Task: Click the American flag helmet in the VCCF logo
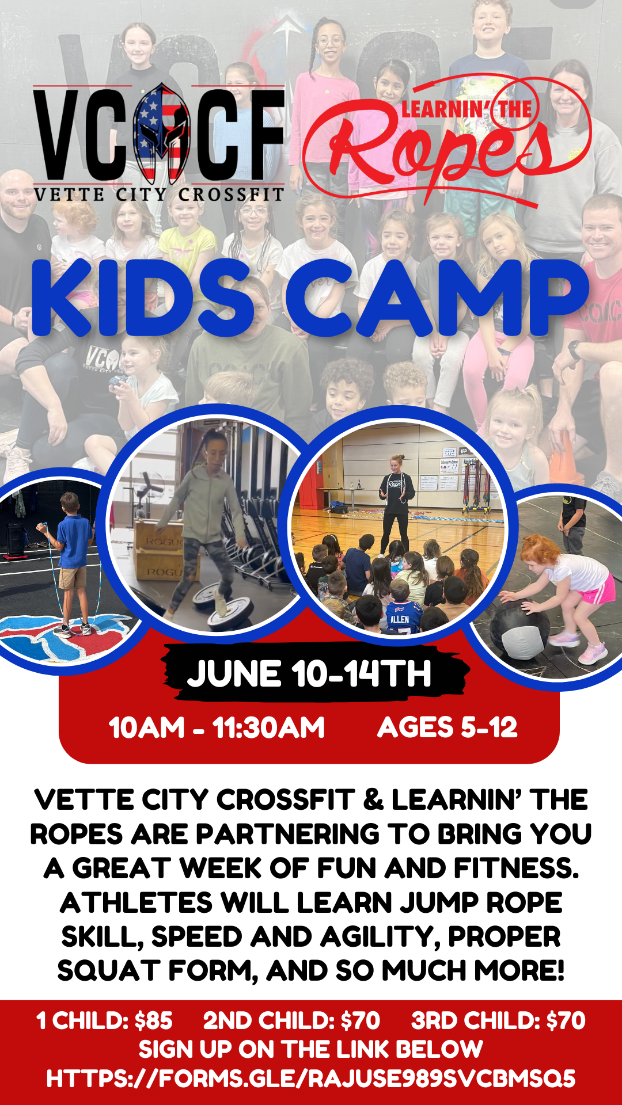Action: coord(162,133)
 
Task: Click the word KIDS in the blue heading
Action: coord(143,298)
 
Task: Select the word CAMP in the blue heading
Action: coord(438,298)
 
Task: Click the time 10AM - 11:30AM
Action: coord(217,727)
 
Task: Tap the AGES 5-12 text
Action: coord(447,727)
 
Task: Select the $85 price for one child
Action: coord(153,1020)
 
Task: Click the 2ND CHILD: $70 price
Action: coord(291,1020)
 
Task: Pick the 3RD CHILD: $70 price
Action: coord(498,1020)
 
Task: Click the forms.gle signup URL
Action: coord(311,1078)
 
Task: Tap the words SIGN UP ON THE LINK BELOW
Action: coord(311,1049)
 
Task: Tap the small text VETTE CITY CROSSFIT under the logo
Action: coord(159,195)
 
